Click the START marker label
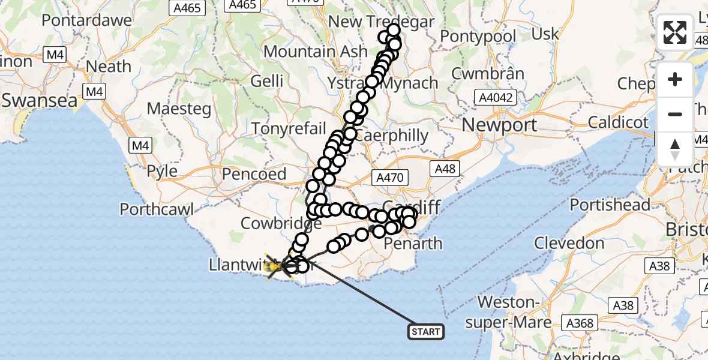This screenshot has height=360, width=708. pyautogui.click(x=426, y=332)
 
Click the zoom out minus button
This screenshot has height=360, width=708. pyautogui.click(x=675, y=114)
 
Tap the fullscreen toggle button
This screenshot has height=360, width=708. pyautogui.click(x=675, y=32)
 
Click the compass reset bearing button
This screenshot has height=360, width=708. pyautogui.click(x=675, y=149)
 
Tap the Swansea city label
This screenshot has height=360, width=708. pyautogui.click(x=40, y=100)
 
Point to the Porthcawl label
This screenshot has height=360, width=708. pyautogui.click(x=157, y=209)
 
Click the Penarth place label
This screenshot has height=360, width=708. pyautogui.click(x=413, y=244)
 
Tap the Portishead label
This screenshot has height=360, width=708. pyautogui.click(x=610, y=205)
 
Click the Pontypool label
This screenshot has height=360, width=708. pyautogui.click(x=478, y=37)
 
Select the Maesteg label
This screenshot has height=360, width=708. pyautogui.click(x=179, y=109)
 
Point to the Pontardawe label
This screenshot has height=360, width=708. pyautogui.click(x=86, y=20)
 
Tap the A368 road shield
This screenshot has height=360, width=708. pyautogui.click(x=580, y=323)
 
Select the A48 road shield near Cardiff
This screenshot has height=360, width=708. pyautogui.click(x=445, y=169)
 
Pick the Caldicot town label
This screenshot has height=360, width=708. pyautogui.click(x=618, y=123)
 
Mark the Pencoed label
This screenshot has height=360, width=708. pyautogui.click(x=254, y=174)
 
